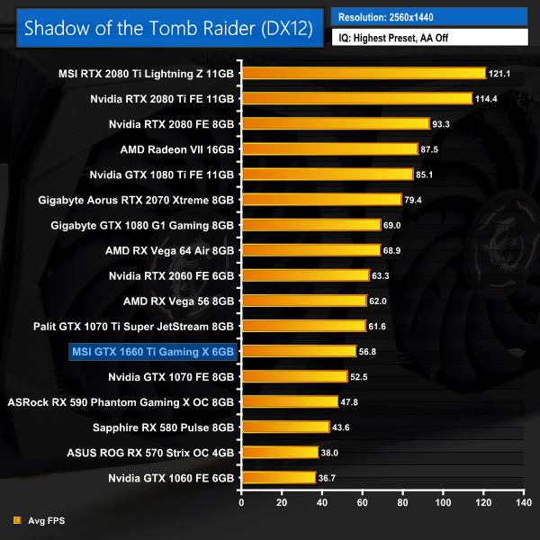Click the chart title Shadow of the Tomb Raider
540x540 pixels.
point(167,27)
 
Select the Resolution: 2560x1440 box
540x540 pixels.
point(428,17)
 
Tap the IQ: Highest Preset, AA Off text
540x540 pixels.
point(428,38)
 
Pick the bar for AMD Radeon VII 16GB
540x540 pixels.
point(329,148)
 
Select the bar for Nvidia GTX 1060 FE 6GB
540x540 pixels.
point(278,477)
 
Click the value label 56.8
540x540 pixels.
point(370,351)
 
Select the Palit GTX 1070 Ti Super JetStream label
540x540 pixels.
point(135,326)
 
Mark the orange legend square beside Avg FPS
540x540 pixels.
point(17,519)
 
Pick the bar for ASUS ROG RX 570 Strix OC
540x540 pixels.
point(279,452)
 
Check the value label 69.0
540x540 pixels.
point(394,224)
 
